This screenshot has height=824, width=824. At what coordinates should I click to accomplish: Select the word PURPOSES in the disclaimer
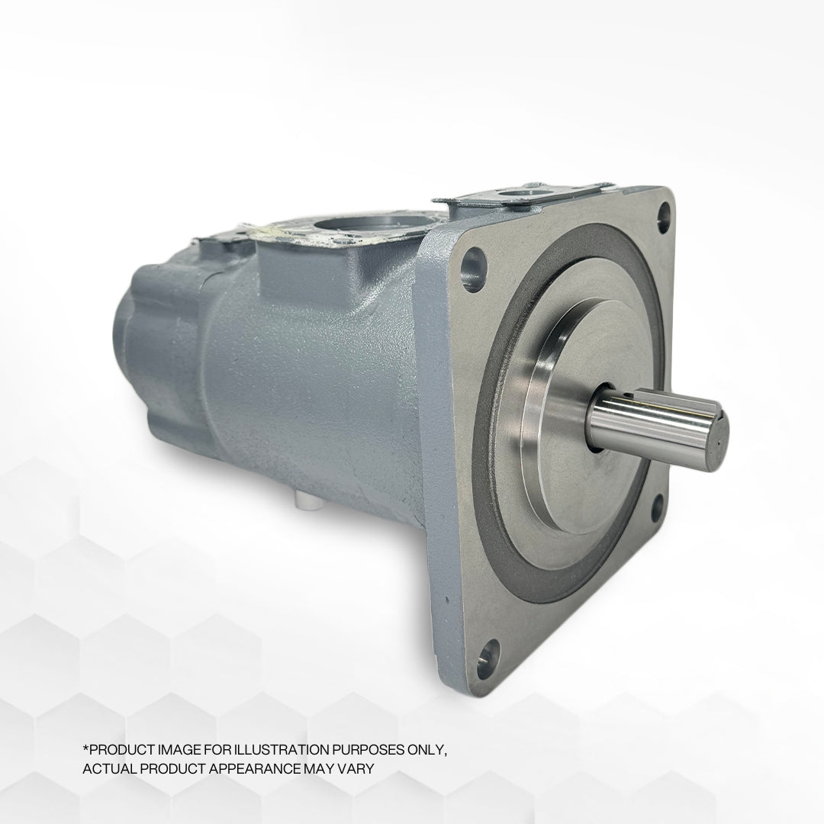pyautogui.click(x=357, y=750)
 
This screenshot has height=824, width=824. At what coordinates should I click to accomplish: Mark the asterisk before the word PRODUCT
pyautogui.click(x=85, y=748)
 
